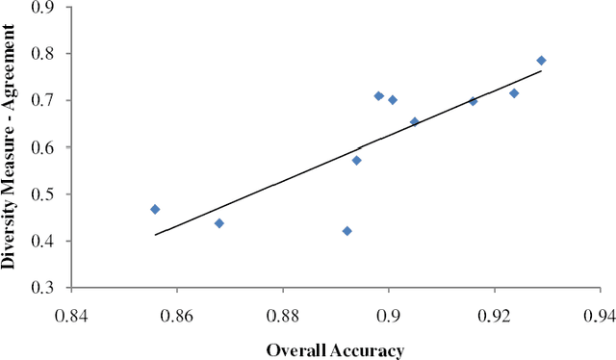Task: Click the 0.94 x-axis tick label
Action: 601,315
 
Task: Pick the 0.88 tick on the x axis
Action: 283,315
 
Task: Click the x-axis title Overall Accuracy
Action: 335,349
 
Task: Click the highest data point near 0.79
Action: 541,61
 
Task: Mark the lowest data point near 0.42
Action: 346,231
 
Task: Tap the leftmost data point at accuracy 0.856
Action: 155,209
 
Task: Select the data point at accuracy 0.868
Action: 219,223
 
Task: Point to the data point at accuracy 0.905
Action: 414,122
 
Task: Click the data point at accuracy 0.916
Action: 473,101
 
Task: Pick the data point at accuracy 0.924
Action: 514,93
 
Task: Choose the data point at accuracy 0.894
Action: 356,160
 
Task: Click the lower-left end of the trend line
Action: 156,234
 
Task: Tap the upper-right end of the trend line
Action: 541,71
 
